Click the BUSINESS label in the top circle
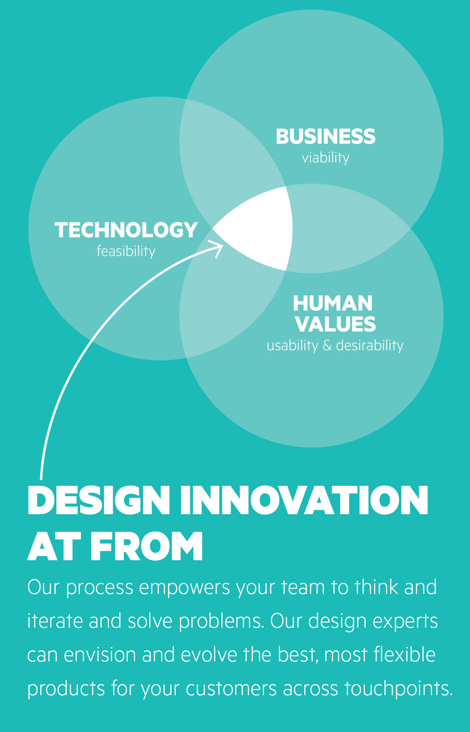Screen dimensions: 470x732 pyautogui.click(x=325, y=137)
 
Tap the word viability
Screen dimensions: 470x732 pyautogui.click(x=325, y=158)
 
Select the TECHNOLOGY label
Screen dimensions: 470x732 pyautogui.click(x=126, y=230)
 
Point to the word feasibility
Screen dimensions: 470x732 pyautogui.click(x=126, y=251)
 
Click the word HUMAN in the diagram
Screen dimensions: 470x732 pyautogui.click(x=333, y=303)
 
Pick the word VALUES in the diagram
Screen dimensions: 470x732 pyautogui.click(x=335, y=324)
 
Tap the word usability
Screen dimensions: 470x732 pyautogui.click(x=292, y=345)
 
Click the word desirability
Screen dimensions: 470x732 pyautogui.click(x=369, y=345)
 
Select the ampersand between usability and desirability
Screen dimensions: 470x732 pyautogui.click(x=327, y=345)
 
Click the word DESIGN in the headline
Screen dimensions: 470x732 pyautogui.click(x=99, y=500)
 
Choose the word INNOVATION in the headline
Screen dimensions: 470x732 pyautogui.click(x=304, y=500)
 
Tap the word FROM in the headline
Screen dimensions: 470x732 pyautogui.click(x=146, y=547)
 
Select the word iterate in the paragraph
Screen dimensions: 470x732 pyautogui.click(x=55, y=621)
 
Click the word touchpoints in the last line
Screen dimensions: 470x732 pyautogui.click(x=399, y=689)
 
